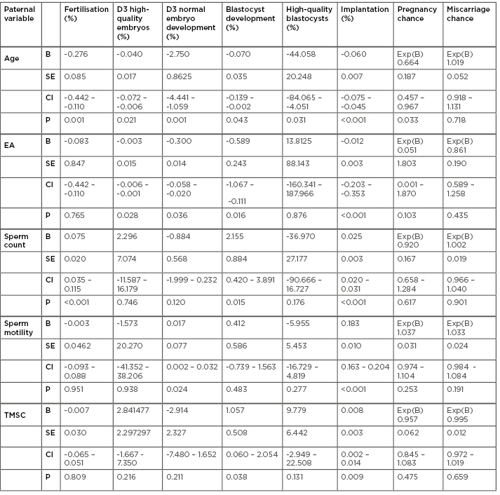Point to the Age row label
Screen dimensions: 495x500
[x=13, y=59]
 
